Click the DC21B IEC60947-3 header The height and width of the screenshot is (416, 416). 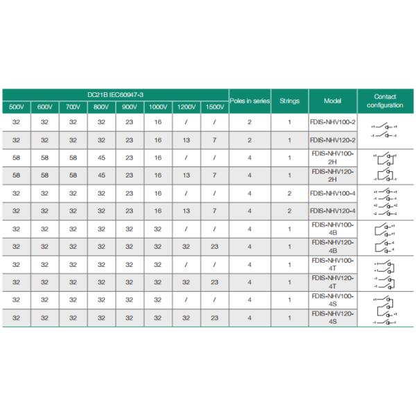[115, 94]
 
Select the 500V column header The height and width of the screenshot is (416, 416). [16, 107]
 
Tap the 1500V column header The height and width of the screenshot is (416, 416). [214, 107]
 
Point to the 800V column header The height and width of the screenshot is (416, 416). [101, 107]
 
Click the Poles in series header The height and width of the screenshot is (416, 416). [250, 101]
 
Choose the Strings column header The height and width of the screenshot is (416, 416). [289, 101]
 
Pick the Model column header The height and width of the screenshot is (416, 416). [333, 101]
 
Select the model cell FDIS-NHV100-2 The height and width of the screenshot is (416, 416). [333, 122]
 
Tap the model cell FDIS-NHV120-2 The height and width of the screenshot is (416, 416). [333, 139]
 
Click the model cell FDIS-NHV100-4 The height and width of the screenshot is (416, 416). [333, 193]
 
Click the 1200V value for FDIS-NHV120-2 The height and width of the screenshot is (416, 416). [186, 139]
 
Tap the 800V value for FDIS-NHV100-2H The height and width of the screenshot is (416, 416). [101, 157]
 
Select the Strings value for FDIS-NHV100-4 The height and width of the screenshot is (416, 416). [289, 193]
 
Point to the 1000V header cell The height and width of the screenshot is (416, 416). [158, 107]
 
